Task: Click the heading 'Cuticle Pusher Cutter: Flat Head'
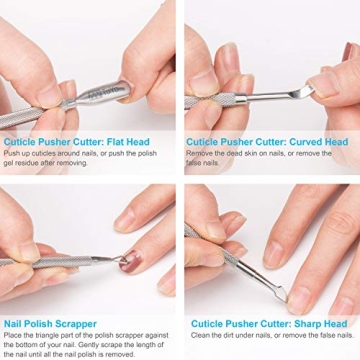(76, 142)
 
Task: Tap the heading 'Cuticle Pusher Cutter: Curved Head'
(266, 142)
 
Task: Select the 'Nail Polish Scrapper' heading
(50, 323)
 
